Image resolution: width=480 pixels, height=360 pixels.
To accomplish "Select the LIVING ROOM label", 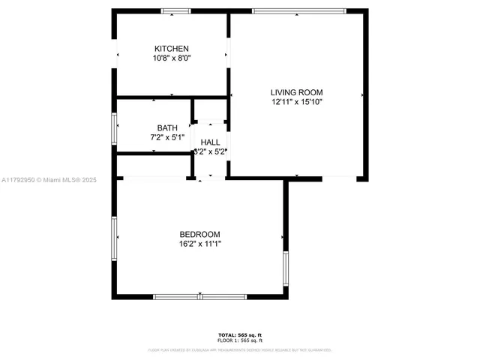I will pos(296,92).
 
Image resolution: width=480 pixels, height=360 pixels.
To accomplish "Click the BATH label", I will pos(167,127).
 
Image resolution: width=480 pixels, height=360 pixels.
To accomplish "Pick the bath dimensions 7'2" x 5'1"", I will pos(167,137).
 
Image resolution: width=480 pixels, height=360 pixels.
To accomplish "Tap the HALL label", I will pos(210,142).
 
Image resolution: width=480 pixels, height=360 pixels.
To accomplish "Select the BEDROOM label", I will pos(199,234).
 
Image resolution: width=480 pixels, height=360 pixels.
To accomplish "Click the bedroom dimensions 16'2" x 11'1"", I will pos(199,244).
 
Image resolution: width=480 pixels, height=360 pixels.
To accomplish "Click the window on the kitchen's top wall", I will pos(176,11).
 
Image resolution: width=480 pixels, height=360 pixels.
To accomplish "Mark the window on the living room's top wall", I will pos(298,11).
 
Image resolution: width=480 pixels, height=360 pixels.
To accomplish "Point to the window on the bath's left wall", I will pos(114,127).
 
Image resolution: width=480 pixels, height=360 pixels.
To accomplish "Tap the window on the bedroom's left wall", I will pos(114,238).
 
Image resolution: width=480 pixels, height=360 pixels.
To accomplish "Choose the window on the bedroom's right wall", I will pos(286,270).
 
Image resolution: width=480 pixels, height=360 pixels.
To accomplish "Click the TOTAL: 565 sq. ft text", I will pos(240,334).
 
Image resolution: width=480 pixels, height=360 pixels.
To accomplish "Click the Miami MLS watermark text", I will pos(49,180).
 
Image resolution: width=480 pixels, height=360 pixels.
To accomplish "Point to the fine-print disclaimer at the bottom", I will pos(240,349).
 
